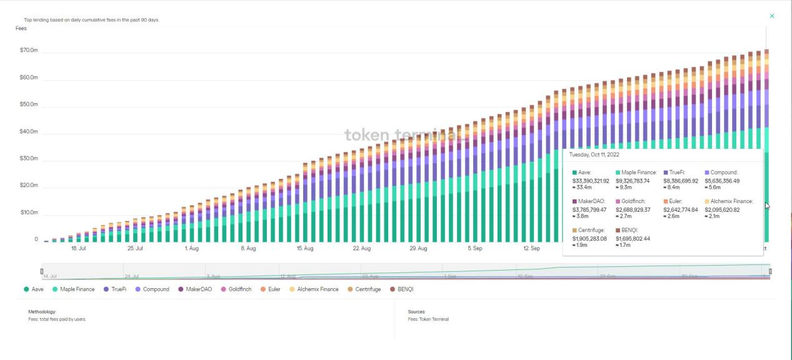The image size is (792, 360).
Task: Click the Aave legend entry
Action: tap(34, 289)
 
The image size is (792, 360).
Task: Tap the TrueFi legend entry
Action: tap(115, 289)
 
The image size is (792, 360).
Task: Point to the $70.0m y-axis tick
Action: tap(29, 50)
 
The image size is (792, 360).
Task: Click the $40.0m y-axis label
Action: tap(29, 131)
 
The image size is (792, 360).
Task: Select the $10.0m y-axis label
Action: tap(29, 212)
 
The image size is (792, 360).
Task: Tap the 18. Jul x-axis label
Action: tap(78, 249)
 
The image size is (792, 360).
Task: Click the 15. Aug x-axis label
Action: tap(305, 249)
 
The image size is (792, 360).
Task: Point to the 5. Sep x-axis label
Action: tap(474, 249)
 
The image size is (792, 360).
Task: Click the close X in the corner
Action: tap(772, 16)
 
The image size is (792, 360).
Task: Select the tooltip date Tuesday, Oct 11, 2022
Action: tap(594, 154)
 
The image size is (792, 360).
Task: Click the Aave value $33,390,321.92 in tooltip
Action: tap(591, 181)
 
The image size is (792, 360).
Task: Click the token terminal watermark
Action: tap(400, 135)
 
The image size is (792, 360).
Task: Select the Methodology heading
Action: tap(43, 311)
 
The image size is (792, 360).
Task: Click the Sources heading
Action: tap(416, 311)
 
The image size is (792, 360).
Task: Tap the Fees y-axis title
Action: tap(21, 29)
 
